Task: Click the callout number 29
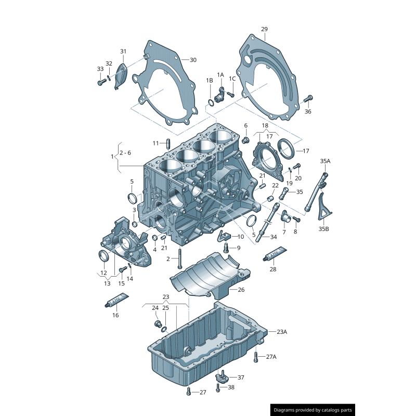click(x=264, y=29)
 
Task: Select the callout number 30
click(x=193, y=60)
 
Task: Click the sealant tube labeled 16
click(x=117, y=301)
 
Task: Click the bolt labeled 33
click(x=100, y=82)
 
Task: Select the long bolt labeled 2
click(x=179, y=258)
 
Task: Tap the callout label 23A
click(x=281, y=331)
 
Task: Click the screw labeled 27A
click(x=256, y=357)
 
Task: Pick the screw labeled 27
click(x=189, y=392)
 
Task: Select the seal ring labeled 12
click(x=104, y=256)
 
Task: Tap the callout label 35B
click(x=324, y=229)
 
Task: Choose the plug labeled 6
click(x=246, y=140)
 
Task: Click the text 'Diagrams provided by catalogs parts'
click(x=313, y=410)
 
